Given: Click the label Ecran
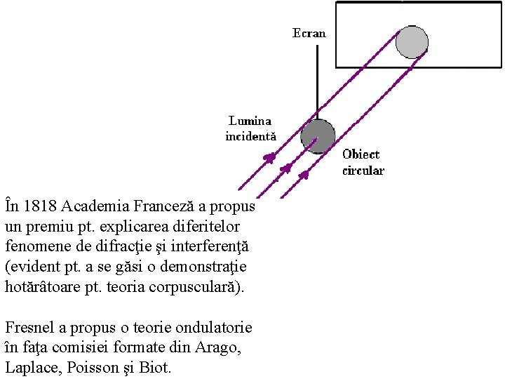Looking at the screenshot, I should [309, 33].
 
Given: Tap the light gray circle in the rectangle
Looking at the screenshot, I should [412, 41].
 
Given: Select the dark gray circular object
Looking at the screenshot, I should [318, 135].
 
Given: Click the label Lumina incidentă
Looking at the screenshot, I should [250, 128].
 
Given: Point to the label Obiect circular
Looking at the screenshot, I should [363, 162].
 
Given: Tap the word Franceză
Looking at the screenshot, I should [159, 206].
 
